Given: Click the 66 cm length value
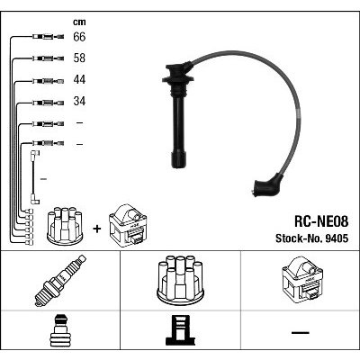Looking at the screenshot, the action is tap(79, 37).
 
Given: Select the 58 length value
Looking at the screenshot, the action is tap(79, 58).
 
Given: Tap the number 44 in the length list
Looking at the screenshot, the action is tap(79, 79).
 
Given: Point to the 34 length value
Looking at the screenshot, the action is tap(79, 101).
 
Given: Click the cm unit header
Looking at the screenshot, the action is tap(79, 22).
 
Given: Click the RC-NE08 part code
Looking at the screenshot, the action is tap(321, 222).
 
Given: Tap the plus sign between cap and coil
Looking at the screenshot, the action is tap(97, 229).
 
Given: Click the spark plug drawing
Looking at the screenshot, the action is tap(60, 281).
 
